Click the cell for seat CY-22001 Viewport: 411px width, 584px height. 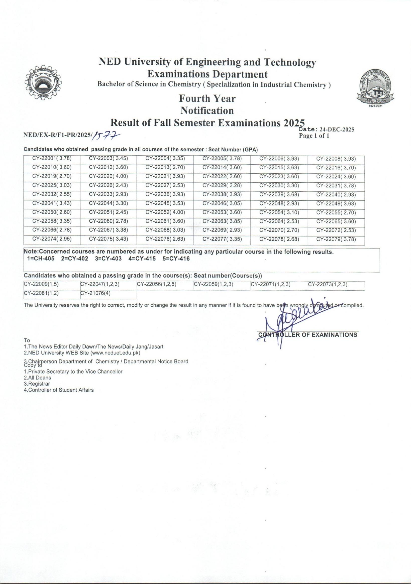coord(52,159)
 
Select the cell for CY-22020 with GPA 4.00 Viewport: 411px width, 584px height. coord(109,177)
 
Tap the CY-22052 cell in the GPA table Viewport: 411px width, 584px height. coord(165,212)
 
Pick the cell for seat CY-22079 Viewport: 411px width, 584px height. coord(336,239)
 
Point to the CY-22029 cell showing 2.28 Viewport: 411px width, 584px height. coord(222,186)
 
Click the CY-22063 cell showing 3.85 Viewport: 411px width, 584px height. coord(222,221)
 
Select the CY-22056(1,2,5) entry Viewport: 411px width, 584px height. coord(157,284)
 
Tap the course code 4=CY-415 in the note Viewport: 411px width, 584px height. coord(142,259)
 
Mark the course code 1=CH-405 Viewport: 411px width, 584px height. coord(41,259)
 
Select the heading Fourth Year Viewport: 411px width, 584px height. coord(208,98)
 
